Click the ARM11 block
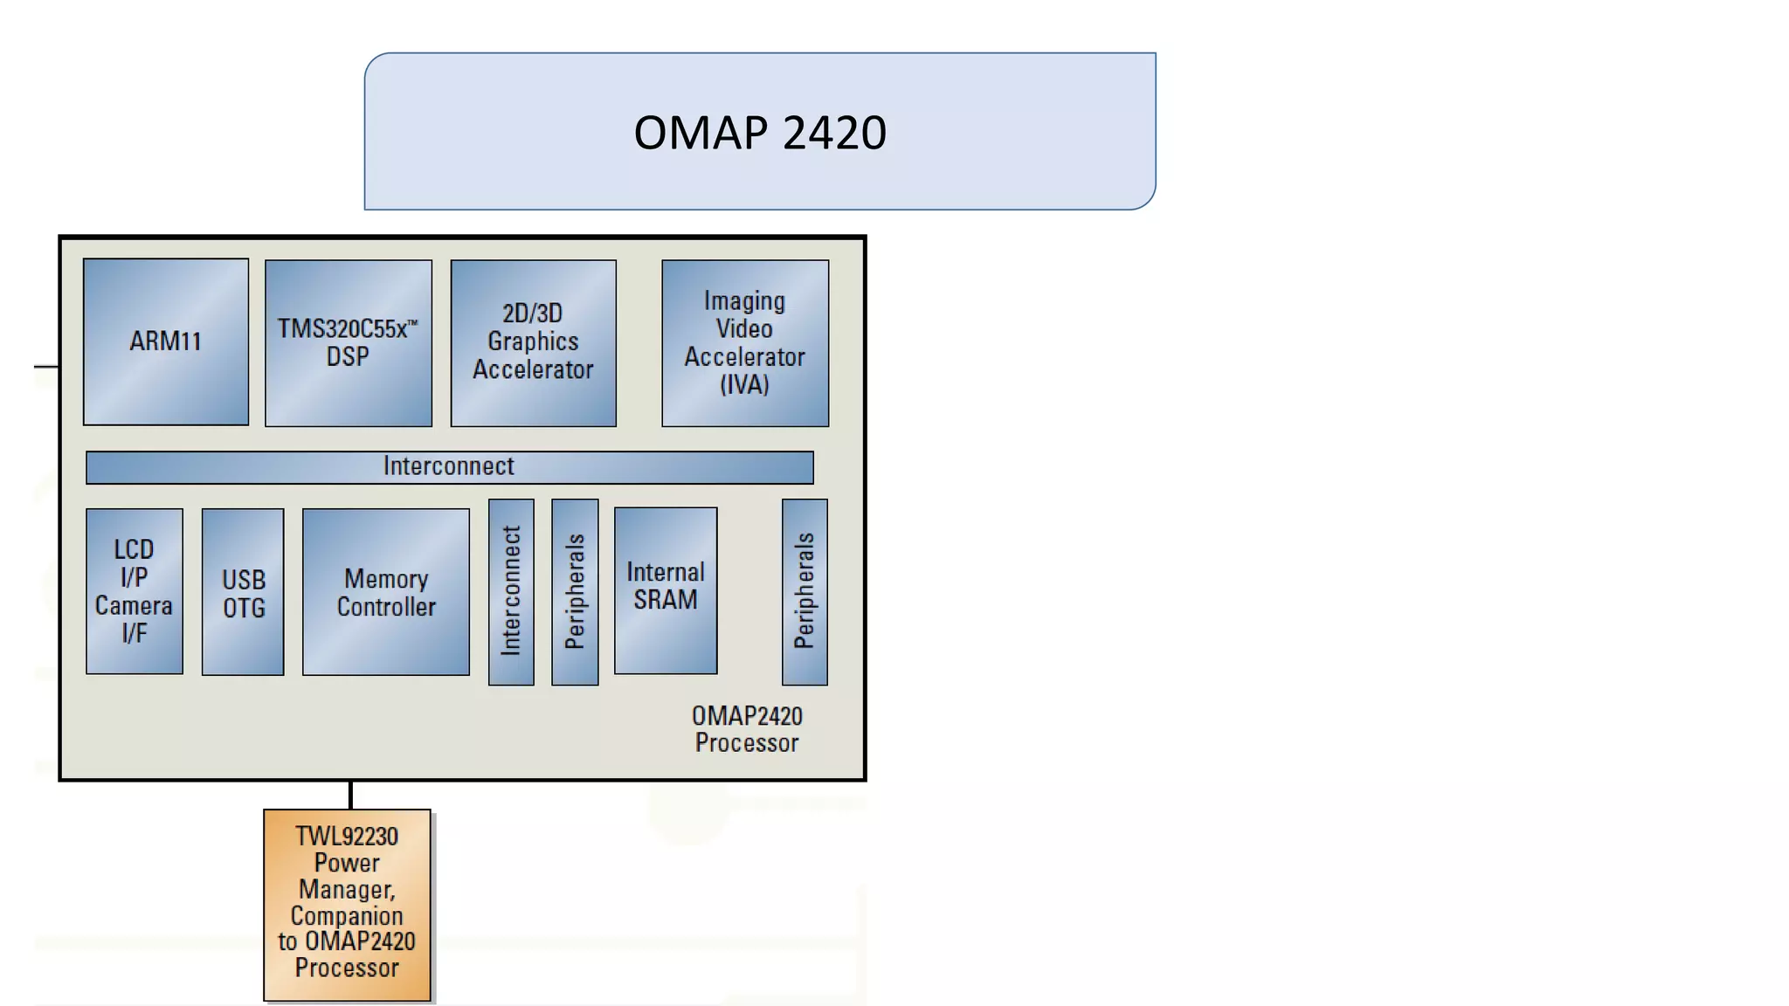coord(166,341)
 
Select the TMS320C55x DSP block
coord(348,342)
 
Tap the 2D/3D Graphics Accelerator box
coord(533,342)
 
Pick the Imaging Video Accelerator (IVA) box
coord(744,342)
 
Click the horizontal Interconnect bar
coord(449,467)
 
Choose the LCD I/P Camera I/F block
coord(135,591)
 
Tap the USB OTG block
coord(243,592)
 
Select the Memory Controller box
coord(385,592)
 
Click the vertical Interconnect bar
coord(511,592)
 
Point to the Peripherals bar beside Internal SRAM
coord(575,592)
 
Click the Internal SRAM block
coord(666,590)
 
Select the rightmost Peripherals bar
coord(805,592)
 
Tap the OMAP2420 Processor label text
coord(747,729)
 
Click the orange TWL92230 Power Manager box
coord(347,904)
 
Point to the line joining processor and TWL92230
coord(350,795)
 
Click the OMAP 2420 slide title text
coord(760,133)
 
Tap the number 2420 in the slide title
coord(834,133)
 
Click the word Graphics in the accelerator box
coord(533,341)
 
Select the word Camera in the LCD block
coord(134,605)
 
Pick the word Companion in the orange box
coord(347,916)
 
